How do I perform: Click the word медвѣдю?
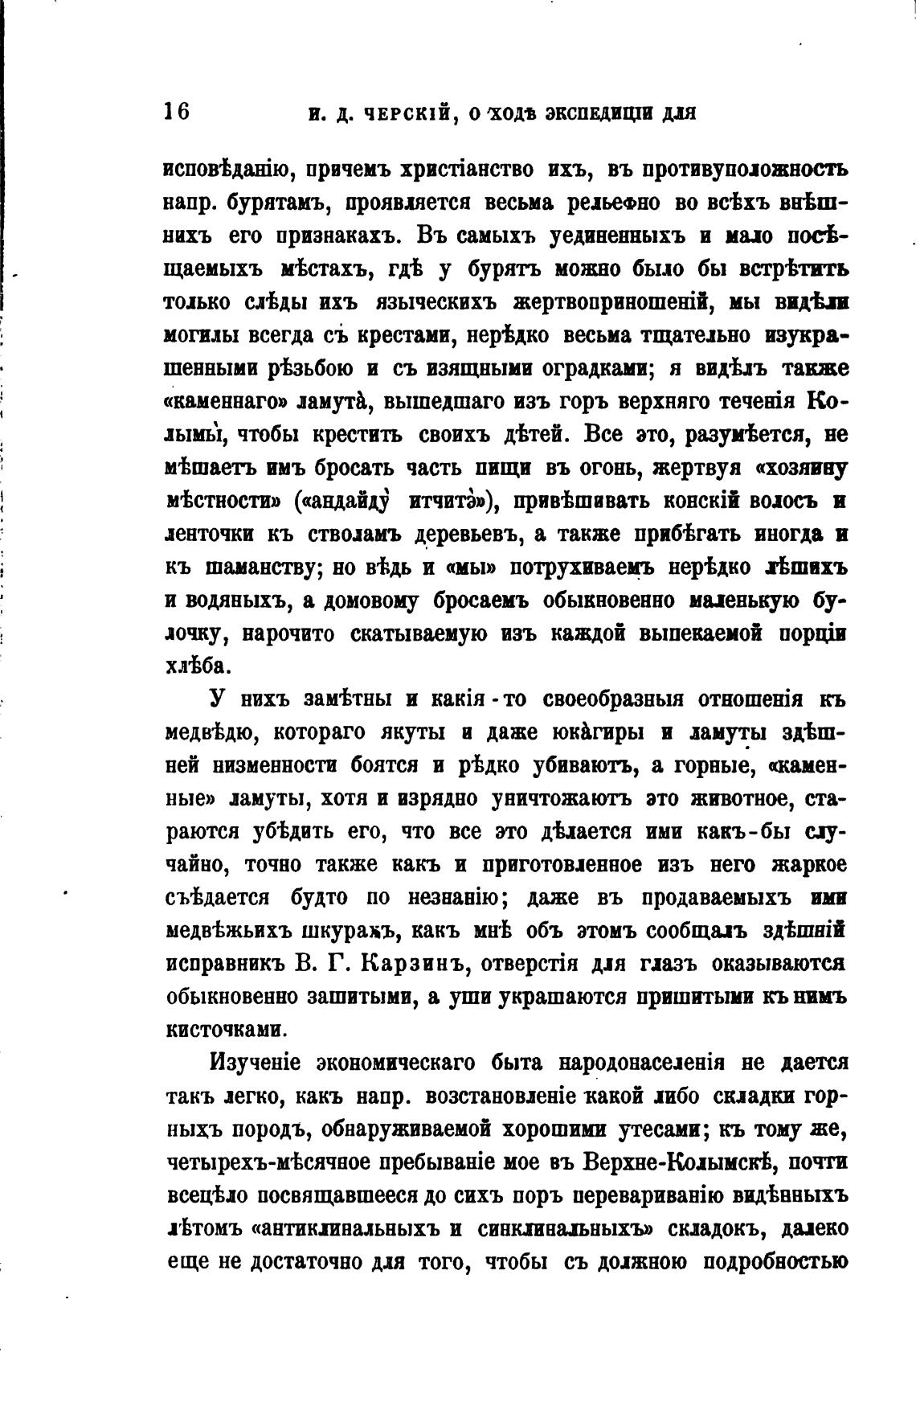tap(212, 733)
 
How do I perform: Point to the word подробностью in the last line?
tap(775, 1262)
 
